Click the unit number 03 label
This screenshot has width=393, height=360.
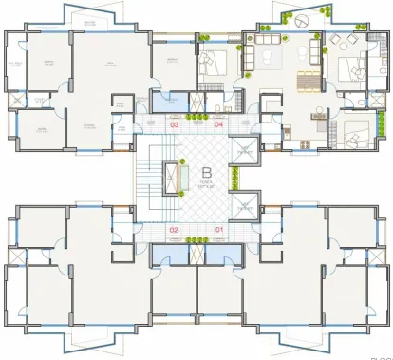tap(174, 124)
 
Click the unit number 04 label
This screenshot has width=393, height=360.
tap(218, 124)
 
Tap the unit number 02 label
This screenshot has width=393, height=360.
tap(174, 230)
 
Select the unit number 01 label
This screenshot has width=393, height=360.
tap(218, 230)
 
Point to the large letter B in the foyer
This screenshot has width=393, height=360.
tap(206, 172)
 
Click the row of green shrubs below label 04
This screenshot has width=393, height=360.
tap(196, 118)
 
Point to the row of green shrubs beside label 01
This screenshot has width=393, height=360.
tap(196, 237)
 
